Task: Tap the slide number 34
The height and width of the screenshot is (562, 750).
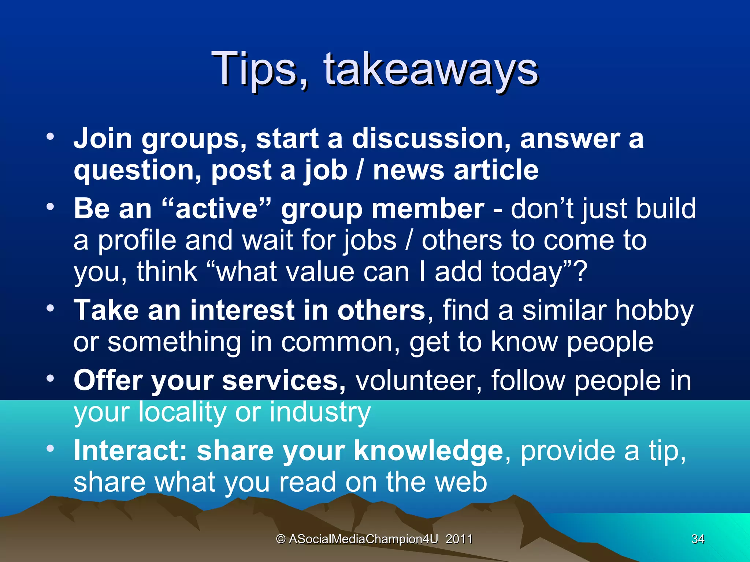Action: click(x=698, y=539)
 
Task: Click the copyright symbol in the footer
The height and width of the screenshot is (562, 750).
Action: click(x=281, y=539)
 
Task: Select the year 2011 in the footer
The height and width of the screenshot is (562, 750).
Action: click(x=459, y=539)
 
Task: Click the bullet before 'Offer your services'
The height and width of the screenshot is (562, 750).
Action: click(x=50, y=379)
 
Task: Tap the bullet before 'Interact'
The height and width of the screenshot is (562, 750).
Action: click(x=50, y=448)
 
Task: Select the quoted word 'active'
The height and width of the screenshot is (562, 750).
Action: click(x=217, y=209)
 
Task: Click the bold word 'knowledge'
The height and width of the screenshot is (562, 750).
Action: click(x=428, y=451)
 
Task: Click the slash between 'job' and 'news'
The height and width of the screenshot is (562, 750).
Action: click(x=360, y=171)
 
